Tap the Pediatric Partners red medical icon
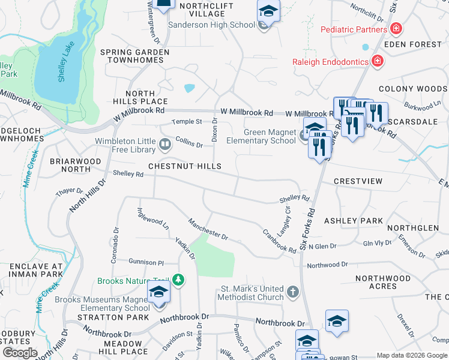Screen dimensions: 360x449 pos(396,29)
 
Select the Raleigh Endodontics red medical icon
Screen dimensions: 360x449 pos(377,61)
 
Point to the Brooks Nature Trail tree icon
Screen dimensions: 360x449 pos(178,280)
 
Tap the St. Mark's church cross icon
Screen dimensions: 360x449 pos(292,292)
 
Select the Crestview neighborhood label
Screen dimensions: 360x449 pos(358,181)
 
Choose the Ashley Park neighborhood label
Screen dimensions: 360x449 pos(354,221)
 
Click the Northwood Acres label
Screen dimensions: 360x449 pos(384,282)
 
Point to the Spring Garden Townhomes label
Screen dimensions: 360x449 pos(135,57)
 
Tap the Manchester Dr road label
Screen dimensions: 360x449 pos(208,229)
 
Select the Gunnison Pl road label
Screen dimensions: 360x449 pos(146,262)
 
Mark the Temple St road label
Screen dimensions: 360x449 pos(187,121)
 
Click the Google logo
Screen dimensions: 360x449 pos(20,353)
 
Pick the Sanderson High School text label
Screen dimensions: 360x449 pos(211,25)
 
